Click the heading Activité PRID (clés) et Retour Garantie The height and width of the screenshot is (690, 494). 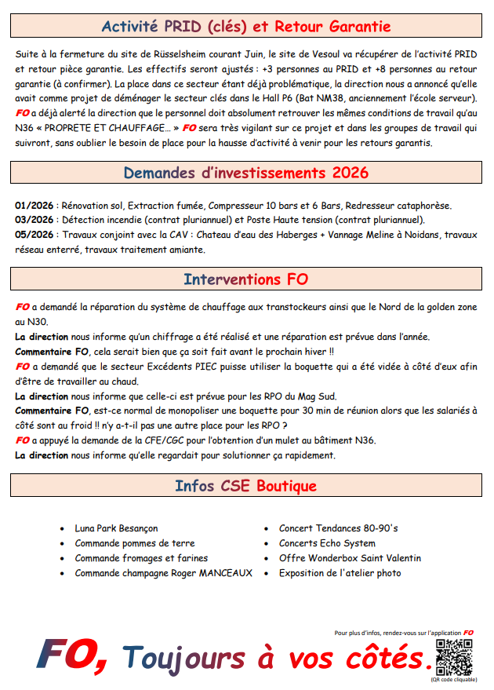246,27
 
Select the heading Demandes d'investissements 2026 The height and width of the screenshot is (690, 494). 246,173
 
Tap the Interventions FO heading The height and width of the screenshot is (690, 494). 246,279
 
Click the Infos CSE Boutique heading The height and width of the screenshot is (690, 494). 246,486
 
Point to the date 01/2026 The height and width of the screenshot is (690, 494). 34,206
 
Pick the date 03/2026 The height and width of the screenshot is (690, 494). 34,220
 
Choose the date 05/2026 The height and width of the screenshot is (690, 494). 34,235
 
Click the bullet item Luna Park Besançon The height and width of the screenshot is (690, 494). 116,528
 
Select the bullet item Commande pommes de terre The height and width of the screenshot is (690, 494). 134,543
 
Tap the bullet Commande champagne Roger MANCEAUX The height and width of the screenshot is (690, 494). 163,573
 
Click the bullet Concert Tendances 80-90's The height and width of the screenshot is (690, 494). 338,528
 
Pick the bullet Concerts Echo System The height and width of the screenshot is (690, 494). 327,543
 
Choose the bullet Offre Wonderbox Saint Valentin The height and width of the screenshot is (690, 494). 350,558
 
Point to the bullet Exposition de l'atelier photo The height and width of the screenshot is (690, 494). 340,573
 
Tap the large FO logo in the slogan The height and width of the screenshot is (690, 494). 72,654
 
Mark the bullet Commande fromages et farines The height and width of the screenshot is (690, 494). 141,558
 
